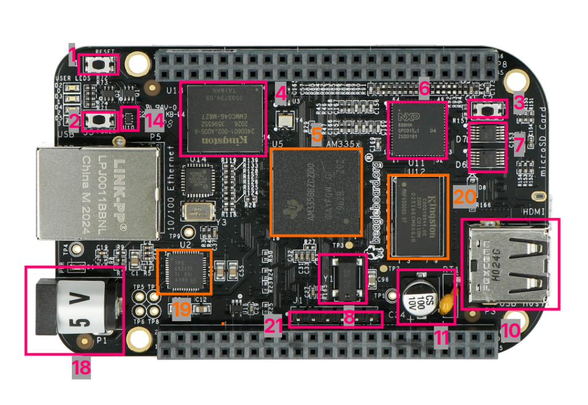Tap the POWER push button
tap(101, 120)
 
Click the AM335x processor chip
tap(316, 191)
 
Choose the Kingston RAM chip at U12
tap(417, 217)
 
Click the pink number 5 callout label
tap(317, 134)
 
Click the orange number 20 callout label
tap(464, 196)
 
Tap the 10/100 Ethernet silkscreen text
tap(169, 190)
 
